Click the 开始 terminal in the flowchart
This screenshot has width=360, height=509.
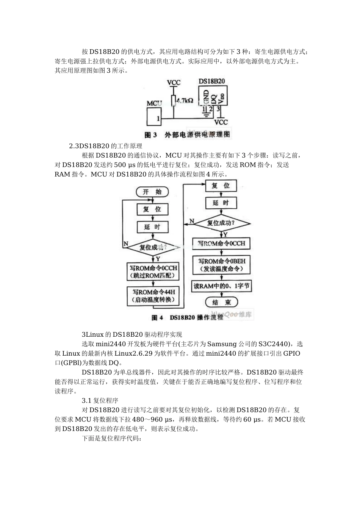coord(152,192)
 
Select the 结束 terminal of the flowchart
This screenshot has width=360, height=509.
coord(221,302)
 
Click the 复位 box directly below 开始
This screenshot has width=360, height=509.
coord(152,209)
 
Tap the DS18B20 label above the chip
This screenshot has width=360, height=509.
coord(212,81)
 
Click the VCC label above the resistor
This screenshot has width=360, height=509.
coord(174,82)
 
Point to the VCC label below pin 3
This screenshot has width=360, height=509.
coord(221,122)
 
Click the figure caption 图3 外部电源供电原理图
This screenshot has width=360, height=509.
coord(188,135)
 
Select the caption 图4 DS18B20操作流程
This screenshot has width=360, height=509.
coord(188,317)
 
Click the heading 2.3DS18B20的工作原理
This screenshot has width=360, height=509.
coord(105,146)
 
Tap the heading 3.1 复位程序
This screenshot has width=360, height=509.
coord(100,400)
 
